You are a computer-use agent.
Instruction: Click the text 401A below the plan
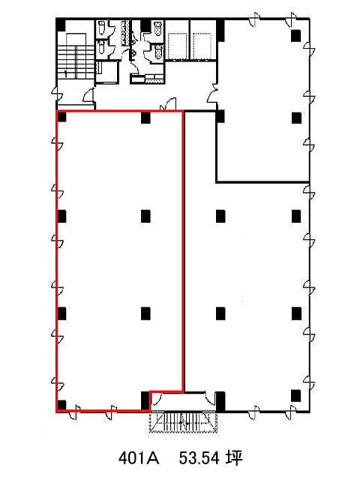pos(139,458)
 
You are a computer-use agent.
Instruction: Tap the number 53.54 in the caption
pos(199,458)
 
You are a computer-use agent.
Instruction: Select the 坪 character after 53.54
pos(234,458)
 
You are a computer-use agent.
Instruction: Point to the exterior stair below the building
pos(183,423)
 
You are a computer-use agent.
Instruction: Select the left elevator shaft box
pos(177,45)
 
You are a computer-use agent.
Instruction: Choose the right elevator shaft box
pos(202,45)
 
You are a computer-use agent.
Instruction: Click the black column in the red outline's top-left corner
pos(61,117)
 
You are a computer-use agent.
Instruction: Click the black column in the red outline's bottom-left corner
pos(61,405)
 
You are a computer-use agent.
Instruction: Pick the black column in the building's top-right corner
pos(296,35)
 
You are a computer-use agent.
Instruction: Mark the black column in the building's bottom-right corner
pos(296,395)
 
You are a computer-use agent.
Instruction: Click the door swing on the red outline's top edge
pos(168,104)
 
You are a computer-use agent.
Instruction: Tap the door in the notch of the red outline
pos(157,400)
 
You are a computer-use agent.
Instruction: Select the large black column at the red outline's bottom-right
pos(145,400)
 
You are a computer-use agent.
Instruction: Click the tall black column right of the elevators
pos(220,31)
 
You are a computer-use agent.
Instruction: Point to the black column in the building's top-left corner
pos(61,25)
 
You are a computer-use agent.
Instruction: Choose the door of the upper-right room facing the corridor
pos(213,93)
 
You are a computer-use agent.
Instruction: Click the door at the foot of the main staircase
pos(88,95)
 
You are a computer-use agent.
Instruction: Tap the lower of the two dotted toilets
pos(158,52)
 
